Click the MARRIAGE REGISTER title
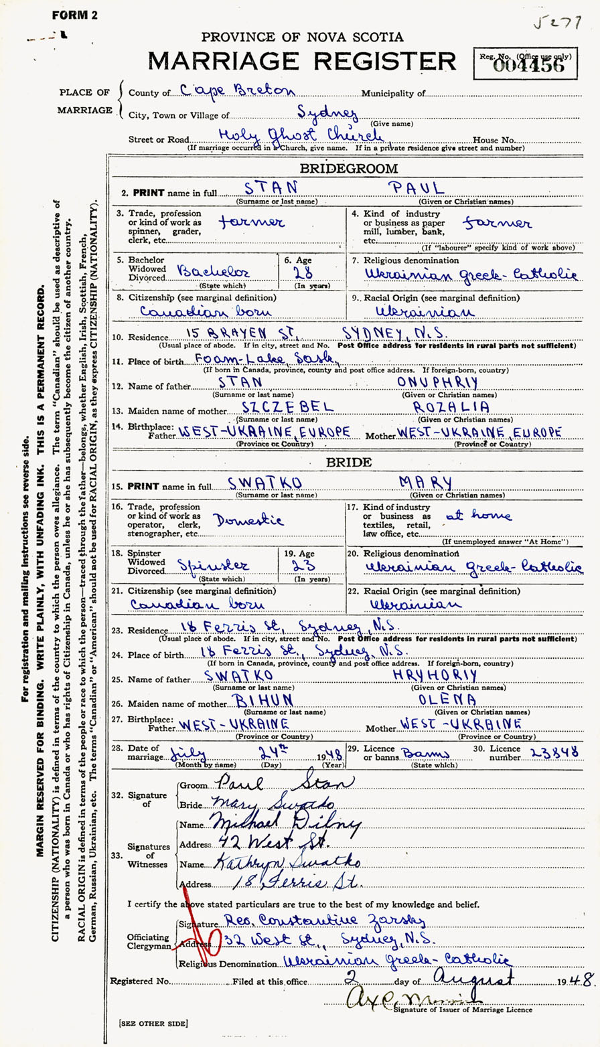tap(302, 62)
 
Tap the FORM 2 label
tap(75, 15)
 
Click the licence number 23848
tap(554, 752)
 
